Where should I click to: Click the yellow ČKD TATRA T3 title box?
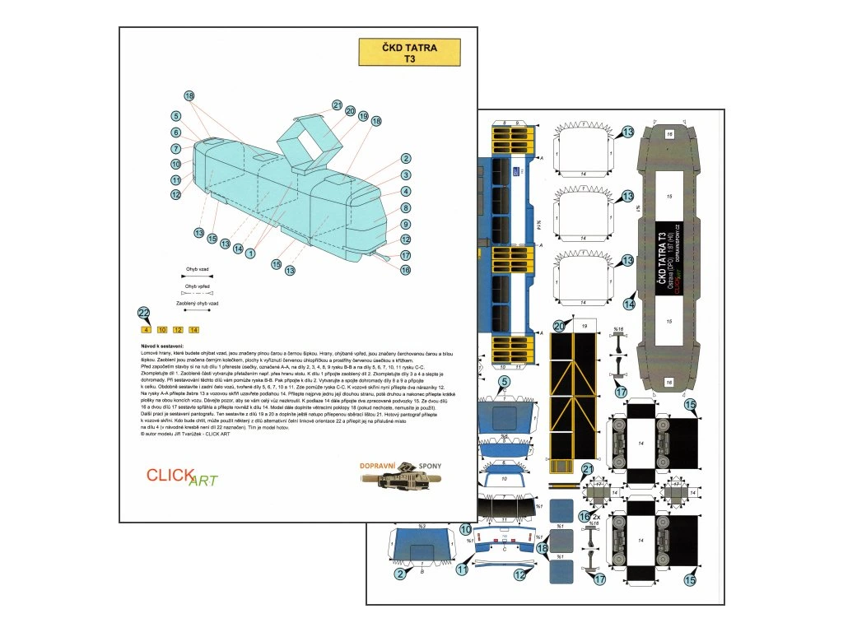click(x=409, y=53)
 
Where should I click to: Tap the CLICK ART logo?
click(x=181, y=476)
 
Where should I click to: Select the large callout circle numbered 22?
click(x=144, y=313)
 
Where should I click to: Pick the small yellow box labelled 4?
click(x=147, y=329)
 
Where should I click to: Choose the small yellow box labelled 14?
click(x=194, y=329)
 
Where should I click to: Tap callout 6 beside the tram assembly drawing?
click(x=176, y=132)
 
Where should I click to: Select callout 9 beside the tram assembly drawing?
click(x=406, y=224)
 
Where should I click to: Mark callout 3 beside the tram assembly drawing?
click(x=406, y=174)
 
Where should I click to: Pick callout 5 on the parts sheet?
click(x=504, y=382)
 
